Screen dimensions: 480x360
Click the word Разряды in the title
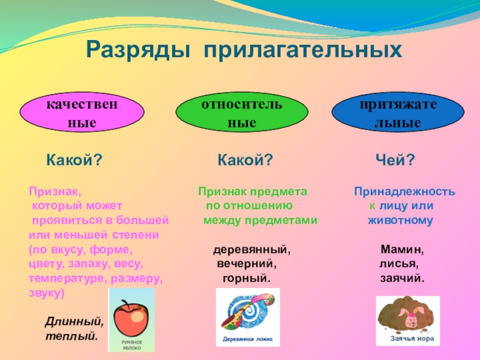coord(138,50)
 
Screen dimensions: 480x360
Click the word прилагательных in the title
coord(303,50)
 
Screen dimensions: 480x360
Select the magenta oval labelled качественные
coord(82,112)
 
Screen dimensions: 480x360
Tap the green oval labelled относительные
coord(242,112)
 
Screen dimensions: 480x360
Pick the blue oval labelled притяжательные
coord(398,112)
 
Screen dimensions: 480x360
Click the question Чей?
coord(395,160)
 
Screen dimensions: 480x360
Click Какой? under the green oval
coord(245,160)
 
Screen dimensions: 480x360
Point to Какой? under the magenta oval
coord(74,160)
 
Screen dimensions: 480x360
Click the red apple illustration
coord(131,317)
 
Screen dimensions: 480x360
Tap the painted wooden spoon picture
coord(248,311)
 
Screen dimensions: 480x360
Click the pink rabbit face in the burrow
coord(412,319)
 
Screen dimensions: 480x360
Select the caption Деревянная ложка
coord(247,339)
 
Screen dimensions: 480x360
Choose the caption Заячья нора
coord(412,338)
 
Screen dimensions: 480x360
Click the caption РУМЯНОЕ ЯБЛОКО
coord(132,345)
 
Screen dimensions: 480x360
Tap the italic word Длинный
coord(74,322)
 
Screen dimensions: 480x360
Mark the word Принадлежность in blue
coord(404,191)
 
